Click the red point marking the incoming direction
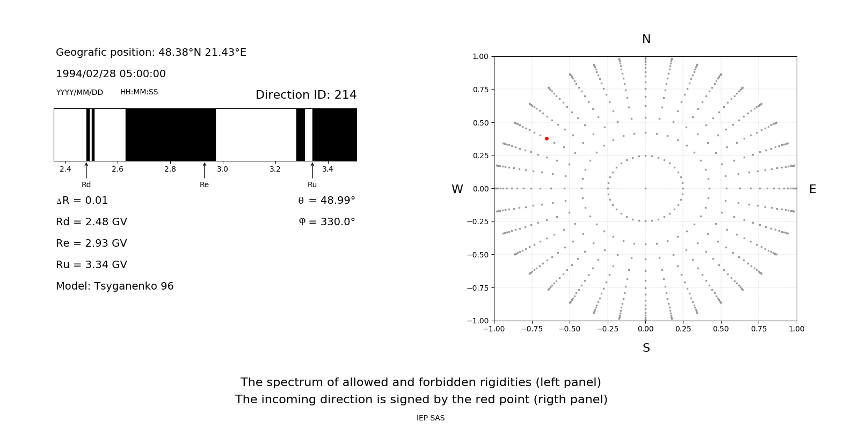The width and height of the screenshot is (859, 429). [x=547, y=138]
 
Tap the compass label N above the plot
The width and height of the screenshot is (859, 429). [x=646, y=39]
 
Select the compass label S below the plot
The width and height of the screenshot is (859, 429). [x=646, y=348]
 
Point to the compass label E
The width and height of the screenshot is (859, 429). [x=812, y=189]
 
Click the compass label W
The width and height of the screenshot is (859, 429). [x=457, y=189]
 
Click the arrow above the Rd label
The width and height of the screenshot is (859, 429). [x=86, y=170]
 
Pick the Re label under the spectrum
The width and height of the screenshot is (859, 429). [x=204, y=184]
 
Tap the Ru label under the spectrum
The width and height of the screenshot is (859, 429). [x=312, y=184]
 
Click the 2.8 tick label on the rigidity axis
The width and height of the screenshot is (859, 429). [x=170, y=169]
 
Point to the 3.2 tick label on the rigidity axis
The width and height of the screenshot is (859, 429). [x=275, y=169]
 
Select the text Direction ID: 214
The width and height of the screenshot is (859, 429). [x=306, y=95]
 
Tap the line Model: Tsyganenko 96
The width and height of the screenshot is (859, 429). [x=115, y=286]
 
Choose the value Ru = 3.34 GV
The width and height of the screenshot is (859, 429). [x=91, y=265]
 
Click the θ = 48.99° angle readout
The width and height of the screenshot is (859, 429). [x=326, y=201]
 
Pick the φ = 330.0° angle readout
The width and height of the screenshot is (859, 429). [x=327, y=222]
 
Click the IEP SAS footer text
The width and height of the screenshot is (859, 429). [x=431, y=418]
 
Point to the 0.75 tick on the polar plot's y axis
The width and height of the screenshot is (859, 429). [x=480, y=90]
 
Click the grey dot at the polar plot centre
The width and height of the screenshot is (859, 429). [x=645, y=188]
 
